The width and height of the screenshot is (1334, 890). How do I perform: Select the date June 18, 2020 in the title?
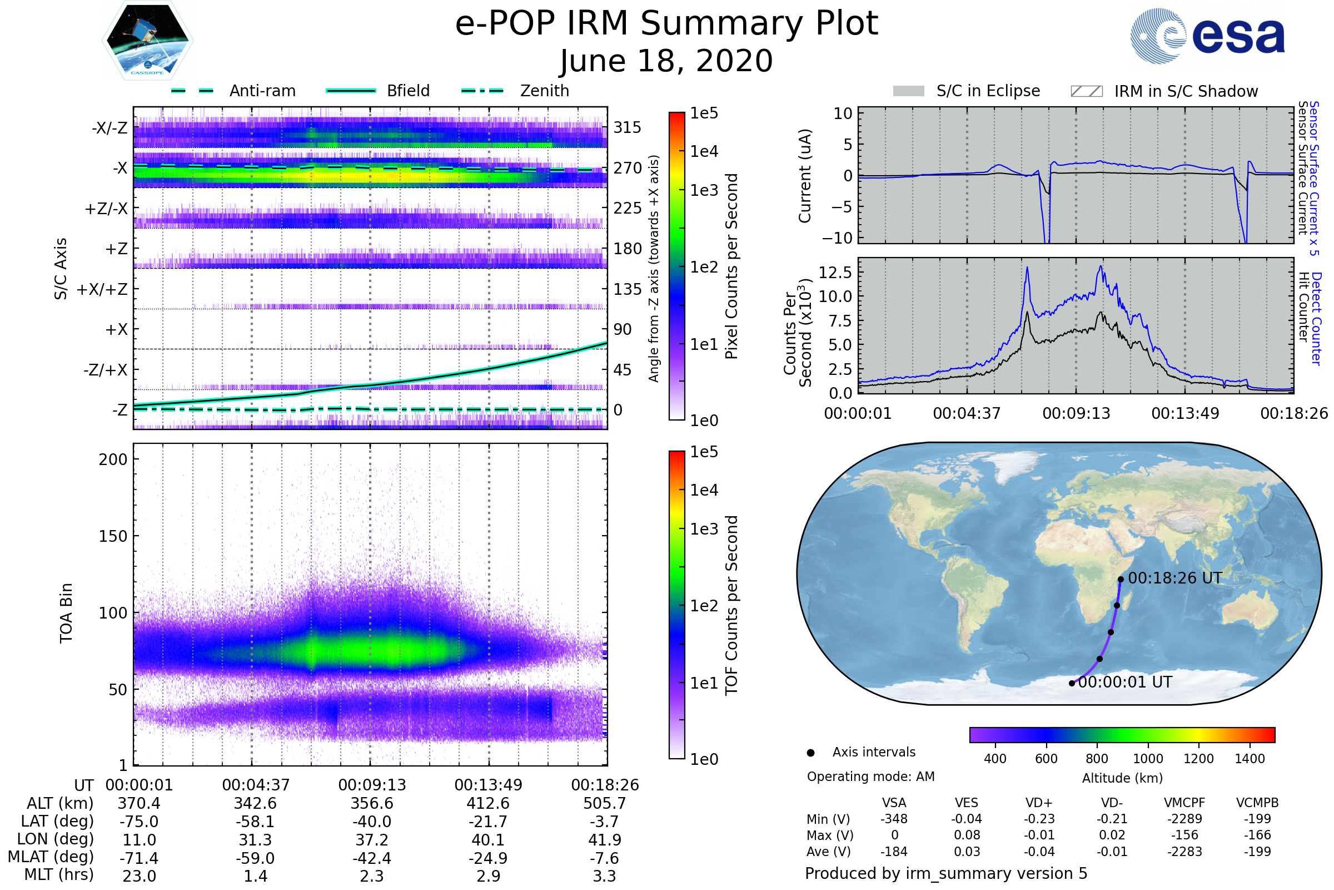coord(666,61)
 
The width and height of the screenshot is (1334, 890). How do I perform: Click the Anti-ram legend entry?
coord(262,91)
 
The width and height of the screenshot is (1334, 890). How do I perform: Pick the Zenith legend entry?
coord(544,91)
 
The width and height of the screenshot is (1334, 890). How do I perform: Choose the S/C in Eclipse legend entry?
coord(988,91)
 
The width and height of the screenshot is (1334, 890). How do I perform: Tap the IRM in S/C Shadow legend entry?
coord(1186,91)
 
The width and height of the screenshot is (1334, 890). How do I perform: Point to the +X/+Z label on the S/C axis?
coord(102,289)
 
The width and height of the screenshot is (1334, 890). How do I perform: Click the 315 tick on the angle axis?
coord(628,127)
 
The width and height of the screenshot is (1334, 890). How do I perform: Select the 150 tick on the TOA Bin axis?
coord(113,536)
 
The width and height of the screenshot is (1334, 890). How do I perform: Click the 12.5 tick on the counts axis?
coord(835,273)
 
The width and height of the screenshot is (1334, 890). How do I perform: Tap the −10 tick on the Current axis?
coord(837,238)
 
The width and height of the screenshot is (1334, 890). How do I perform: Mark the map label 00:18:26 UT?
coord(1174,578)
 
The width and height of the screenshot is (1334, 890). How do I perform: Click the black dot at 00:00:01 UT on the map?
coord(1072,684)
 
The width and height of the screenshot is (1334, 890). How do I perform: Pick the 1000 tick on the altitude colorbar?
coord(1147,759)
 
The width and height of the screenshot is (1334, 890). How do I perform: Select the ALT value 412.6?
coord(488,804)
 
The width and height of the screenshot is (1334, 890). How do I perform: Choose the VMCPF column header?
coord(1184,803)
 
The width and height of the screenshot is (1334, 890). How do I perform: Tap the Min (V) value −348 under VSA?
coord(894,819)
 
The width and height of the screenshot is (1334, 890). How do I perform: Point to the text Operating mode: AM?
coord(870,777)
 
